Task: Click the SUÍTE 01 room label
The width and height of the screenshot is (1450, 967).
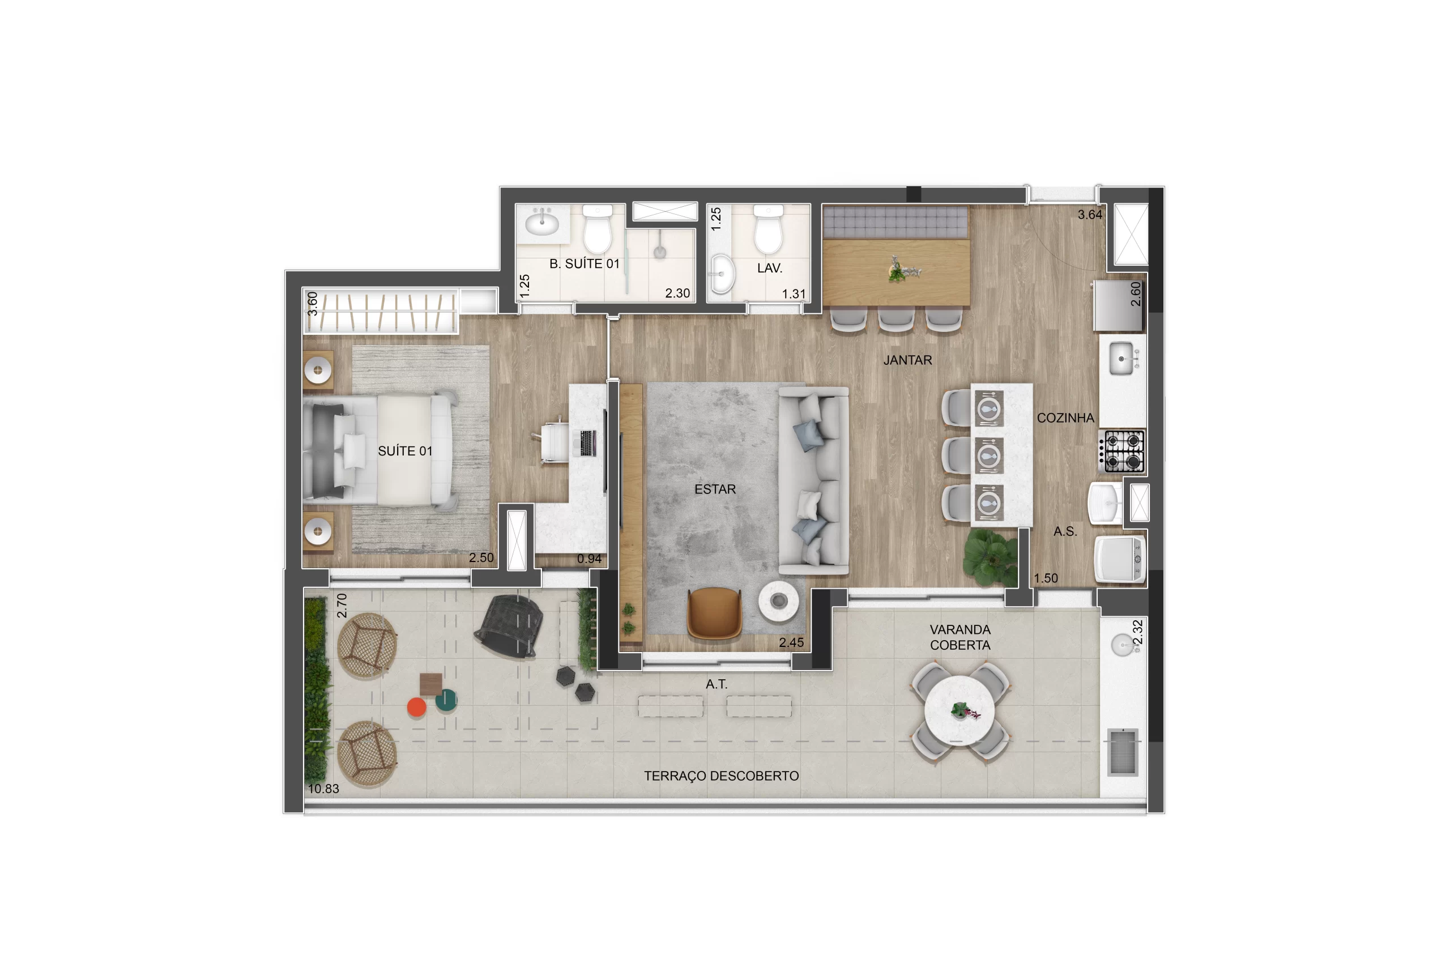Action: (405, 451)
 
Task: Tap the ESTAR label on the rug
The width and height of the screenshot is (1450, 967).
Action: (715, 489)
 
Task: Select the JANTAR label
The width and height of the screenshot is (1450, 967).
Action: (907, 360)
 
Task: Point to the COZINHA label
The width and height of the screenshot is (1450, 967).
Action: (1065, 418)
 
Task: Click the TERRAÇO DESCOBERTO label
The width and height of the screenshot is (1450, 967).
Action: (721, 776)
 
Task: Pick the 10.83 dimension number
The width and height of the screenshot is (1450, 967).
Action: (323, 788)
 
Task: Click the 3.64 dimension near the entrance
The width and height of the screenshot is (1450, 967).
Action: (1090, 215)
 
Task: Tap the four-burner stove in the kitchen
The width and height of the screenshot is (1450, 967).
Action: (1122, 451)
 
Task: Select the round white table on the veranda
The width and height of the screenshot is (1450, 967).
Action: (959, 711)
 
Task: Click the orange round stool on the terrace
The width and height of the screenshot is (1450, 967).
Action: (417, 707)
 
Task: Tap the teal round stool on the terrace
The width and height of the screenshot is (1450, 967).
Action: (446, 700)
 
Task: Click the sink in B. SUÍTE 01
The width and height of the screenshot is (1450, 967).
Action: (543, 221)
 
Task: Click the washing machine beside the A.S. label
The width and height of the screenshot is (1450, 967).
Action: (1120, 559)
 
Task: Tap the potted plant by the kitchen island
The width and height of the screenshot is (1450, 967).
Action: (991, 557)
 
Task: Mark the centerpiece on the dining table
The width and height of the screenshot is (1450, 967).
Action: (901, 269)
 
